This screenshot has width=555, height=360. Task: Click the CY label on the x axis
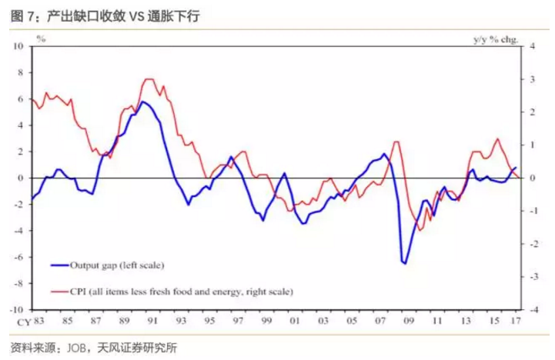pos(23,320)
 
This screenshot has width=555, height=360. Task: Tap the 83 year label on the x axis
pos(38,320)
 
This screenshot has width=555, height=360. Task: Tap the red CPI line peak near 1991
pos(149,79)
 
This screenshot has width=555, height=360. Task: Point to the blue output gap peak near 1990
pos(143,102)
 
